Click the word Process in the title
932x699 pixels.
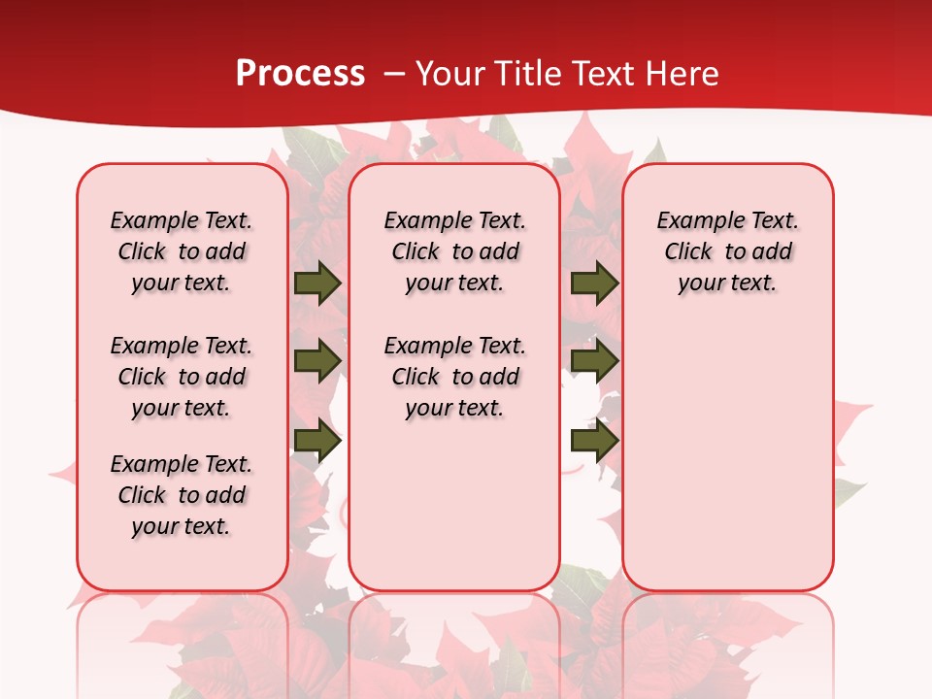(300, 74)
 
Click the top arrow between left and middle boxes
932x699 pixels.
(317, 283)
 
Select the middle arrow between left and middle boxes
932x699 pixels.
(317, 360)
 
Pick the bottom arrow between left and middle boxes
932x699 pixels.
(317, 441)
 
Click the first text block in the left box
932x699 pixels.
(182, 251)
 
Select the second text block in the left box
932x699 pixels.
(182, 377)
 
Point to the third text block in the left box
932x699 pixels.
(182, 495)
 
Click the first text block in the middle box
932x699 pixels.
(454, 251)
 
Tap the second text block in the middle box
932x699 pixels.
(454, 377)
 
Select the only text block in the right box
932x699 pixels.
(727, 251)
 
